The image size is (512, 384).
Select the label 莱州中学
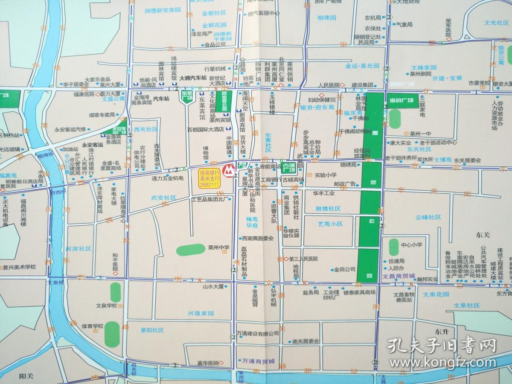pyautogui.click(x=219, y=247)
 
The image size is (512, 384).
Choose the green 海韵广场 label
pyautogui.click(x=401, y=100)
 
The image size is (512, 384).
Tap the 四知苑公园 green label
pyautogui.click(x=222, y=101)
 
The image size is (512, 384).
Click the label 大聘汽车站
pyautogui.click(x=192, y=78)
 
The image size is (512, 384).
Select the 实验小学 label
pyautogui.click(x=326, y=175)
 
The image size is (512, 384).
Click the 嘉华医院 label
pyautogui.click(x=207, y=363)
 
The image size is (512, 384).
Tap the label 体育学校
pyautogui.click(x=93, y=326)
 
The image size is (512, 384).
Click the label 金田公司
pyautogui.click(x=344, y=269)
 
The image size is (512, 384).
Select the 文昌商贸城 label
pyautogui.click(x=399, y=276)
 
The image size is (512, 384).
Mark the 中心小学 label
pyautogui.click(x=411, y=244)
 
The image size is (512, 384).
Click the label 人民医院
pyautogui.click(x=329, y=85)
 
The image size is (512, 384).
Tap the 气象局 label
pyautogui.click(x=404, y=25)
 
